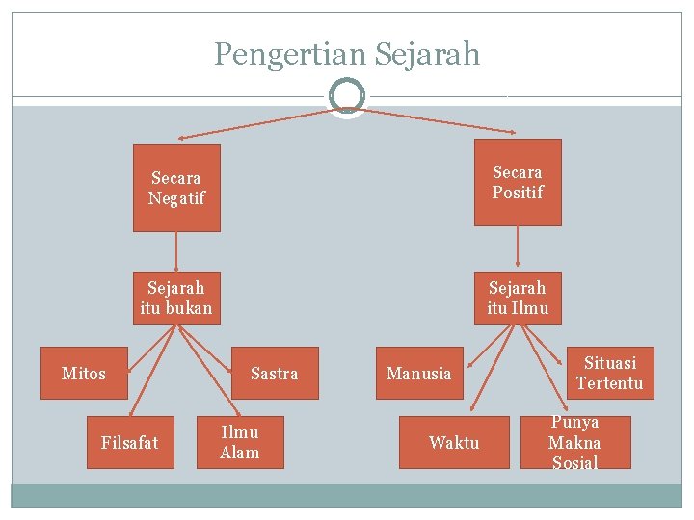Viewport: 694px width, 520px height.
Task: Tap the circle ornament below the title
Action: tap(346, 95)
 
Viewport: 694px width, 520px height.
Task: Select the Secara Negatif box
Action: tap(176, 188)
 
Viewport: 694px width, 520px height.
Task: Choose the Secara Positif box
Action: tap(518, 182)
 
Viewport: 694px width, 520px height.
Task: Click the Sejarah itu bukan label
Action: tap(175, 299)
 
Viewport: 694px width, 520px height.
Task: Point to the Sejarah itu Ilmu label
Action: tap(518, 299)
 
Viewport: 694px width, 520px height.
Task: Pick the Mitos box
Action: tap(84, 373)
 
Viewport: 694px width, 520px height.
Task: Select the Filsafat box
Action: tap(130, 442)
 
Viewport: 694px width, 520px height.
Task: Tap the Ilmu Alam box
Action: tap(240, 442)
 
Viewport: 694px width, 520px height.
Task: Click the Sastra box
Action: tap(275, 373)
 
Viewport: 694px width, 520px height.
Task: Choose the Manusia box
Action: tap(418, 373)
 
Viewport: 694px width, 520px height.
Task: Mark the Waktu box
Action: tap(454, 442)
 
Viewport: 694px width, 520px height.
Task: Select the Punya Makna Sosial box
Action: tap(574, 443)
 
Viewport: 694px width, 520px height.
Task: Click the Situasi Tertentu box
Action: tap(609, 373)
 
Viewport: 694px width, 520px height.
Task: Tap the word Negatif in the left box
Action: tap(176, 198)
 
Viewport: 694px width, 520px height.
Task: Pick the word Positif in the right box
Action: tap(518, 193)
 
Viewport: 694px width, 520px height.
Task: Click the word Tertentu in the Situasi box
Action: tap(609, 383)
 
